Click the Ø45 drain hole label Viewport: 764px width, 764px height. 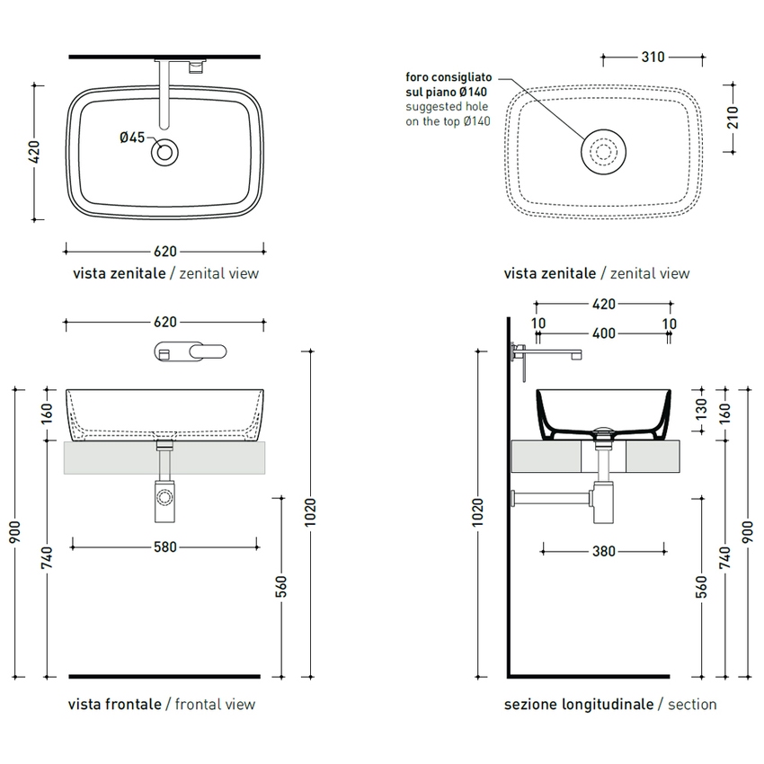pos(132,138)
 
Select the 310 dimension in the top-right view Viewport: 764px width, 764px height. pos(653,57)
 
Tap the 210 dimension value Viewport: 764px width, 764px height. pos(733,118)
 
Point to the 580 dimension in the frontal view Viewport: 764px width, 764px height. pos(165,546)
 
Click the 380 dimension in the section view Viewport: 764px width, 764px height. pos(604,551)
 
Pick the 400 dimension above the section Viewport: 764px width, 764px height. pos(604,333)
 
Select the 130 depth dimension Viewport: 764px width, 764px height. pos(701,409)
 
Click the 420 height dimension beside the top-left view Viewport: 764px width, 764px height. pos(33,152)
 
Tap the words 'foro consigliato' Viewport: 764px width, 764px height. pos(449,77)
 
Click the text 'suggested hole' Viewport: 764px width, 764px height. pos(447,107)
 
